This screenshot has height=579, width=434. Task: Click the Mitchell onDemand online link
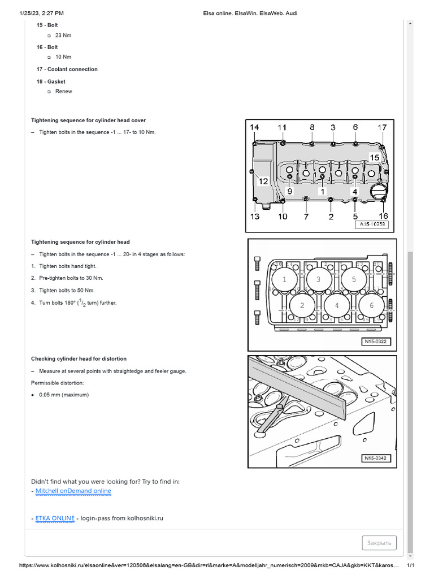click(73, 491)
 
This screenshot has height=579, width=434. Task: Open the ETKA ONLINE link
click(54, 518)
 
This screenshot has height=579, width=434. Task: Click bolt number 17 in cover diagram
click(383, 128)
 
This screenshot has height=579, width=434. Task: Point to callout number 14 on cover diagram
click(255, 128)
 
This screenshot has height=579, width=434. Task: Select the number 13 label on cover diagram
click(255, 216)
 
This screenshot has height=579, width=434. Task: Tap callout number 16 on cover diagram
click(383, 216)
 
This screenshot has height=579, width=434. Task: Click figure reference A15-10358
click(372, 224)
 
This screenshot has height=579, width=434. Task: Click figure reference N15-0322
click(375, 342)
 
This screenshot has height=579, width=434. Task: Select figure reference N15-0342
click(375, 459)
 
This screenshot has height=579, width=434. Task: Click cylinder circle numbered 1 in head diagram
click(284, 279)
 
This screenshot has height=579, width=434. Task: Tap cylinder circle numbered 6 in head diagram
click(371, 305)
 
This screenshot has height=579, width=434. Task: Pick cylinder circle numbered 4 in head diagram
click(337, 305)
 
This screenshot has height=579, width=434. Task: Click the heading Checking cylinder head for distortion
click(79, 358)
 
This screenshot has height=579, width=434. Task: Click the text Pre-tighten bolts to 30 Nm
click(71, 278)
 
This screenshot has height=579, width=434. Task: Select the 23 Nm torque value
click(63, 35)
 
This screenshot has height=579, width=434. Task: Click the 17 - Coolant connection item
click(67, 69)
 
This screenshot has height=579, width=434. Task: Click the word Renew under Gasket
click(64, 91)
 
